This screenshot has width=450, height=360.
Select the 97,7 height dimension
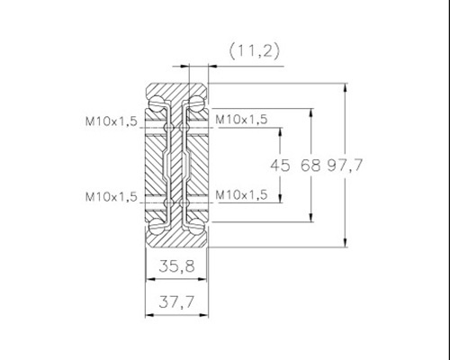click(x=345, y=165)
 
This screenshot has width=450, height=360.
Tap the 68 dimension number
click(x=310, y=165)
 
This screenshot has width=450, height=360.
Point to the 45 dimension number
click(x=280, y=166)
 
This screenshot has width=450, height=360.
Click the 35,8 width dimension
click(x=176, y=266)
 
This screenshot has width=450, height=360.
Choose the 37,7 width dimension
click(x=176, y=301)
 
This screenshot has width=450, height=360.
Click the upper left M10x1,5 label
click(x=112, y=121)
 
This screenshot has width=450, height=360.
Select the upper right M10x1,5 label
click(x=241, y=120)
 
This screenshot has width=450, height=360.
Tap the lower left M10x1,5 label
click(x=112, y=197)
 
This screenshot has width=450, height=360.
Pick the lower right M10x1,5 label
click(x=241, y=195)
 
